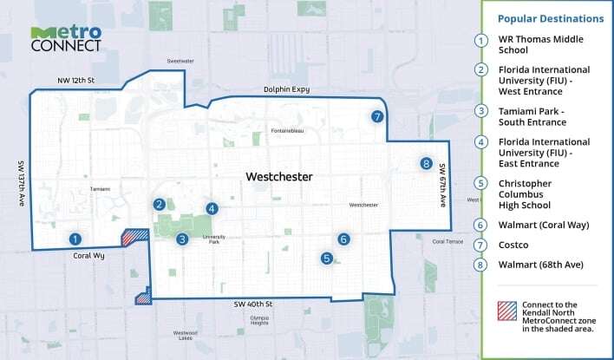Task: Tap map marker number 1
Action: [76, 239]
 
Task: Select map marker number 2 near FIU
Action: [160, 205]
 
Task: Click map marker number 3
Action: [182, 239]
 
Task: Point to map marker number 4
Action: [212, 208]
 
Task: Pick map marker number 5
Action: [326, 258]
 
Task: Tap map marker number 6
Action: [343, 239]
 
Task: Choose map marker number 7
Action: [376, 116]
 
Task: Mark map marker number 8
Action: [425, 163]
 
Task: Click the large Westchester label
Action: [278, 177]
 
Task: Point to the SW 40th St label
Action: [251, 304]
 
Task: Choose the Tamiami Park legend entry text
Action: [532, 116]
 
